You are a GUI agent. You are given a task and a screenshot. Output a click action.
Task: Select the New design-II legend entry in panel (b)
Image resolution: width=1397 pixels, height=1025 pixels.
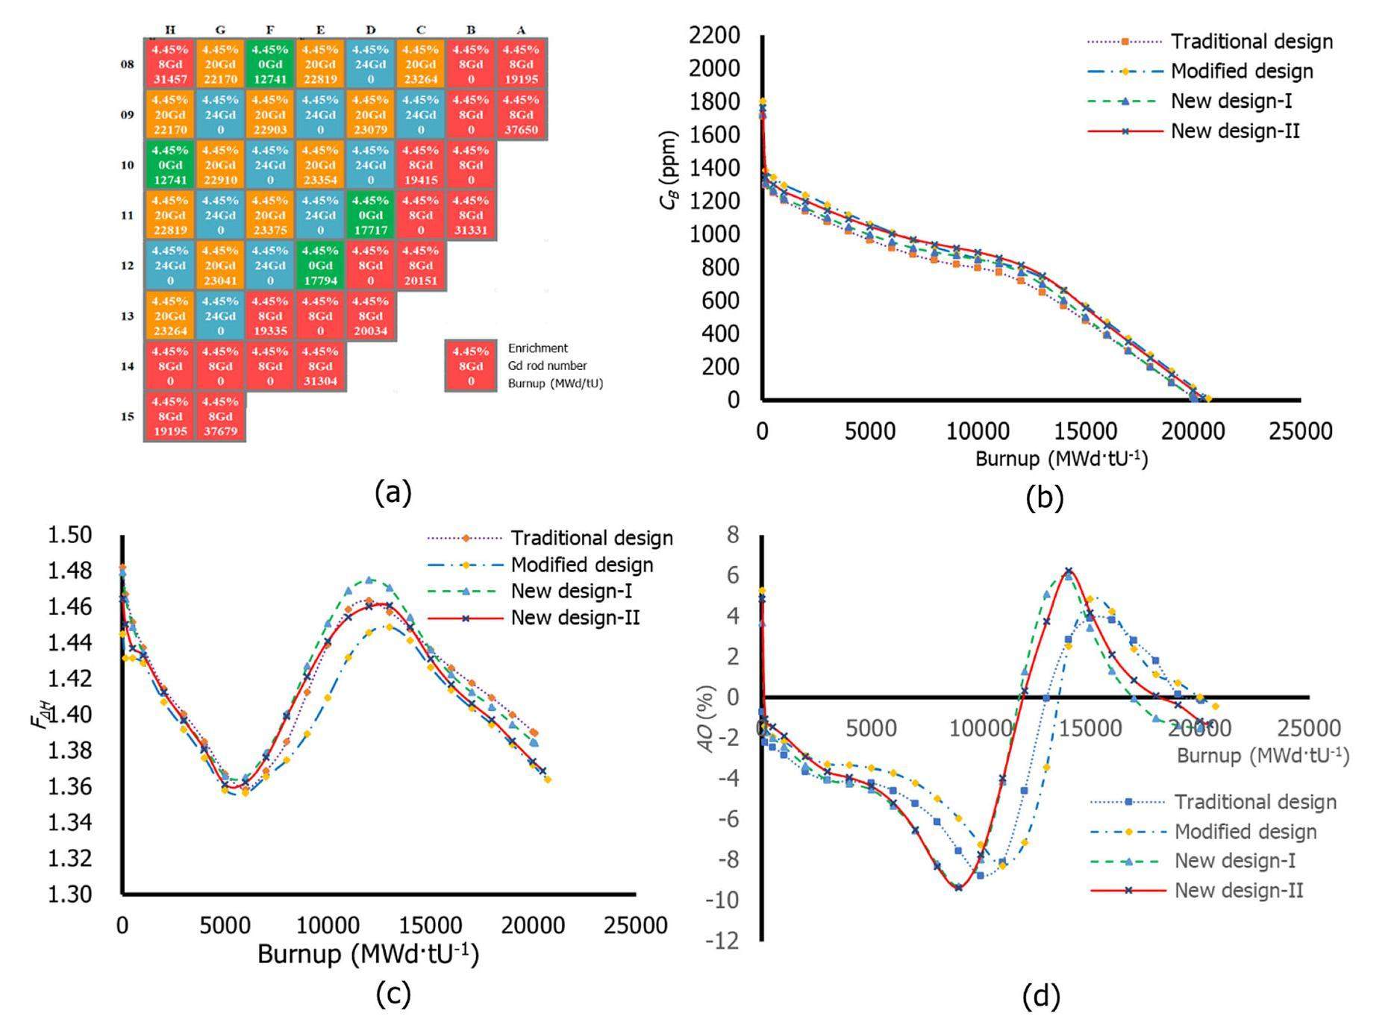click(x=1235, y=131)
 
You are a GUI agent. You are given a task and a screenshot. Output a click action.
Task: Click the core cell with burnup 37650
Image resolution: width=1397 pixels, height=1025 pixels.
click(x=522, y=115)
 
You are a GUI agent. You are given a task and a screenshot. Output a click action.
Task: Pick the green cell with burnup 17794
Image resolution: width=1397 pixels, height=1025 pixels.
click(x=320, y=266)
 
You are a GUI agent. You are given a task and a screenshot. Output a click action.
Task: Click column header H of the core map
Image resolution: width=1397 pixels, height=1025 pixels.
click(x=170, y=30)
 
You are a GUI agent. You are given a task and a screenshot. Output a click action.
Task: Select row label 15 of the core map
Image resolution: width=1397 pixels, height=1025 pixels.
click(x=128, y=416)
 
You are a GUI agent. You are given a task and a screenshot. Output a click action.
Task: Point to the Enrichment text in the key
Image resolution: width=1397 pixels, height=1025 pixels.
click(x=538, y=348)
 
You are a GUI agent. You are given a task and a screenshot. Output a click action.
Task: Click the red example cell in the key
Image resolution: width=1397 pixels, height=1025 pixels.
click(x=471, y=366)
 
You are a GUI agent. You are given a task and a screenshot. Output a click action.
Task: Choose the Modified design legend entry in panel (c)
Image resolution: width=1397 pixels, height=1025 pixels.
click(x=581, y=565)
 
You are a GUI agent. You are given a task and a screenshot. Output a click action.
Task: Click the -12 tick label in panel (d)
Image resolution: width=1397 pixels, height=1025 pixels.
click(x=722, y=941)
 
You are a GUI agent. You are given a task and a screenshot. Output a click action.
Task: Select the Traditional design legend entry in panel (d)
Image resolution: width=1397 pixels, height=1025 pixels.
click(x=1255, y=802)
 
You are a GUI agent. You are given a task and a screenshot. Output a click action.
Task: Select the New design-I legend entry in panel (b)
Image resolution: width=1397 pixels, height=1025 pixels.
click(x=1231, y=101)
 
